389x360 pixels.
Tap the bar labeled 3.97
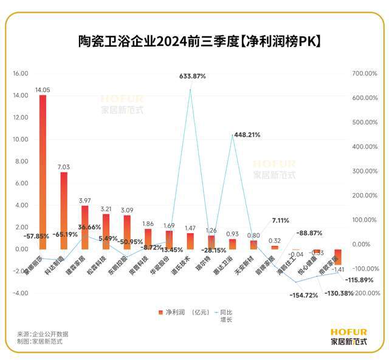coord(85,227)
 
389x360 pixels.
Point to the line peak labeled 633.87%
coord(191,90)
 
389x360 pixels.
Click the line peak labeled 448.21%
coord(233,135)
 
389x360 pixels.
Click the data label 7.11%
coord(280,220)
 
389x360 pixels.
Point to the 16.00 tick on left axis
coord(21,73)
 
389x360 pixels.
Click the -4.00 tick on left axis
coord(21,293)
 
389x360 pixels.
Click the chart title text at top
coord(194,41)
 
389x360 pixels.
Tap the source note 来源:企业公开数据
coord(42,334)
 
